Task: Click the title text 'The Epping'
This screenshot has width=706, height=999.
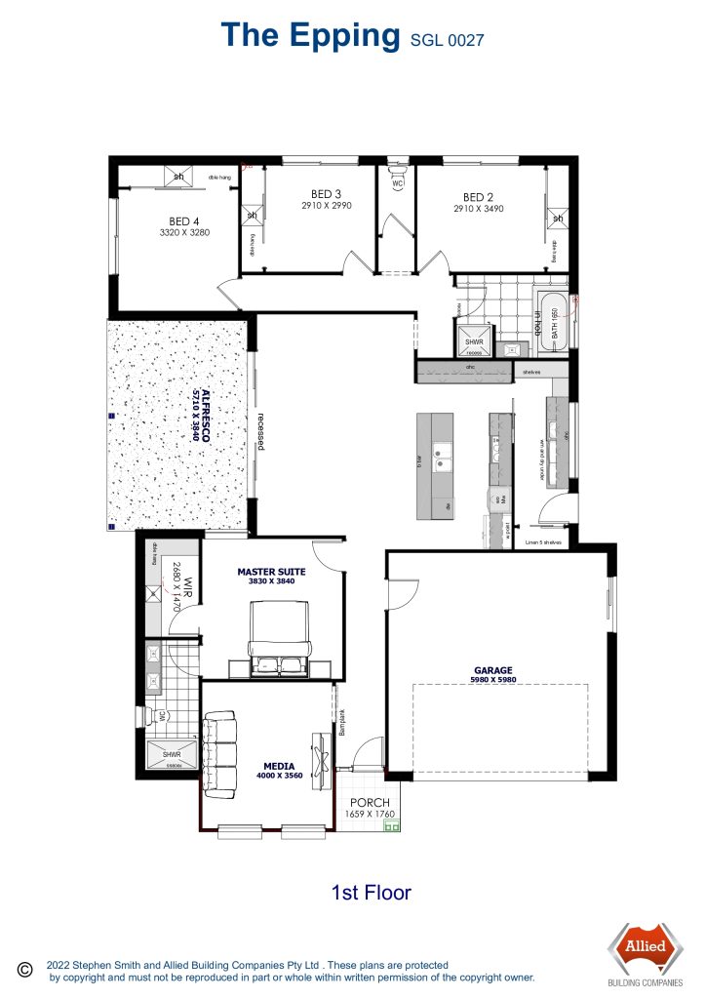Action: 310,35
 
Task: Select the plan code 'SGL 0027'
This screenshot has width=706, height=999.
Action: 446,40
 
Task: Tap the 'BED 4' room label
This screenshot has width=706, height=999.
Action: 184,221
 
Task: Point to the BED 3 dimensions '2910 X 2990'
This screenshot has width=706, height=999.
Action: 326,207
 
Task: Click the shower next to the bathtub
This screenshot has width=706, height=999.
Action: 474,337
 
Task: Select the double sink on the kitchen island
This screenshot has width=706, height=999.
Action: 441,452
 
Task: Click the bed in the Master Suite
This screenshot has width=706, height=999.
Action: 280,639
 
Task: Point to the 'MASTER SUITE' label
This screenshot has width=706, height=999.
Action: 272,571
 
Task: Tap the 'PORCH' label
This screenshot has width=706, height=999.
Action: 370,803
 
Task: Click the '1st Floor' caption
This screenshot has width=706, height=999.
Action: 371,892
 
